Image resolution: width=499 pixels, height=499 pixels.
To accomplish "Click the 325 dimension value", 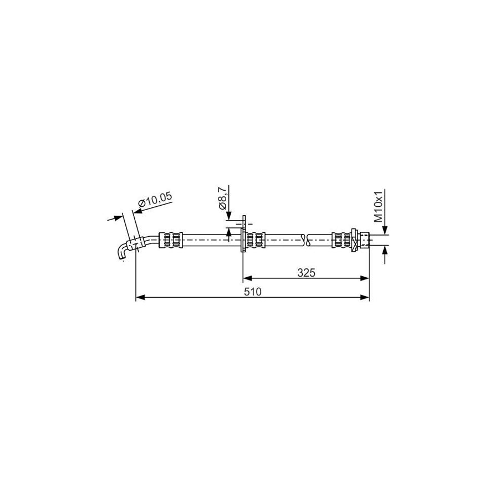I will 306,272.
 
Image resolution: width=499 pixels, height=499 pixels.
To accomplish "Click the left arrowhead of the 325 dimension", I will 248,278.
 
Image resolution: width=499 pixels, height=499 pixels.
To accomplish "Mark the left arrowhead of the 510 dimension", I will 140,298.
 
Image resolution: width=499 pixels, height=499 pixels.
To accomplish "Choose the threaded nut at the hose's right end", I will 363,240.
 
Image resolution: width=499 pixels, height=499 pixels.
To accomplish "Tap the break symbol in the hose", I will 305,240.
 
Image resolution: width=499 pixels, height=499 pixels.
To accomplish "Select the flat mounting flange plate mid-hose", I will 243,233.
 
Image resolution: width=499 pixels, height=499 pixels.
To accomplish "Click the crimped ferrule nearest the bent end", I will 170,240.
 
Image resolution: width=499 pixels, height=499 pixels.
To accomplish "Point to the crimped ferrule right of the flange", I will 256,240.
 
